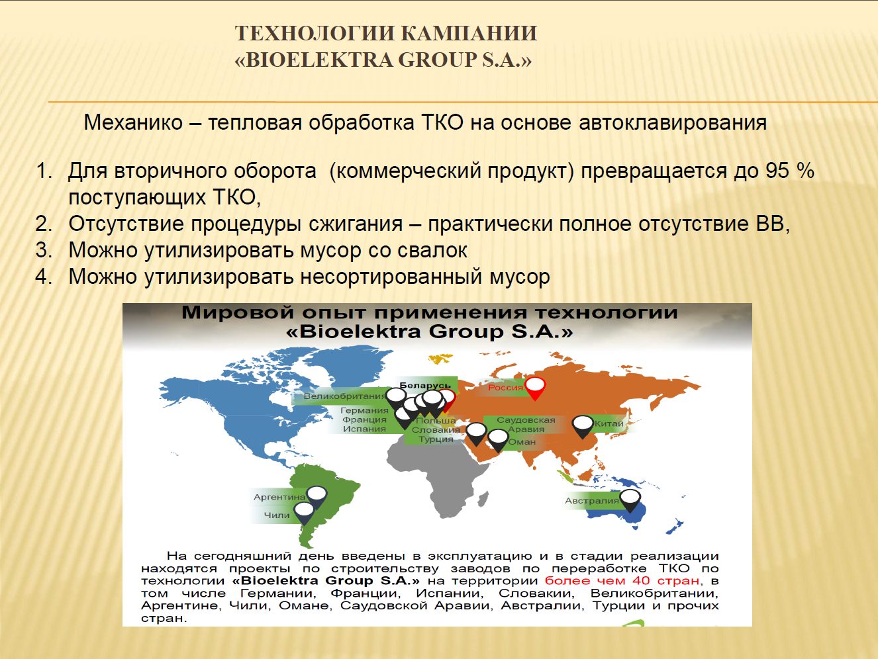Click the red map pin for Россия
[535, 388]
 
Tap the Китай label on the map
[609, 423]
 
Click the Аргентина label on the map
[279, 497]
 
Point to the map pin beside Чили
[304, 513]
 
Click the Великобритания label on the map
[344, 396]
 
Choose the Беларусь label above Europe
[425, 385]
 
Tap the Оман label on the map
[522, 441]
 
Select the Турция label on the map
[436, 439]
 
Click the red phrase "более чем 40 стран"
[622, 580]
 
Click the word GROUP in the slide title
[436, 60]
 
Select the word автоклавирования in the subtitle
[673, 122]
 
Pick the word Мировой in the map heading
[238, 312]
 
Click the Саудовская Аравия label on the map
[526, 424]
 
